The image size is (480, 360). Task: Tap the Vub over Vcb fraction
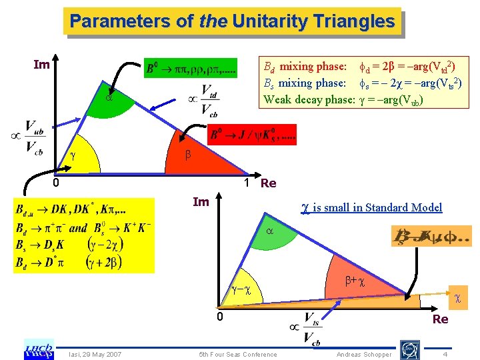coord(33,138)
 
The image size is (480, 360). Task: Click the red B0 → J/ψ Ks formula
coord(253,136)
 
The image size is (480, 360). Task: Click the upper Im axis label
coord(41,65)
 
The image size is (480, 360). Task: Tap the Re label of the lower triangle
coord(440,319)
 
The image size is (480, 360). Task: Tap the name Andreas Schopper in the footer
coord(365,354)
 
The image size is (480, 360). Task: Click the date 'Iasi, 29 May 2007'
coord(94,354)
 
